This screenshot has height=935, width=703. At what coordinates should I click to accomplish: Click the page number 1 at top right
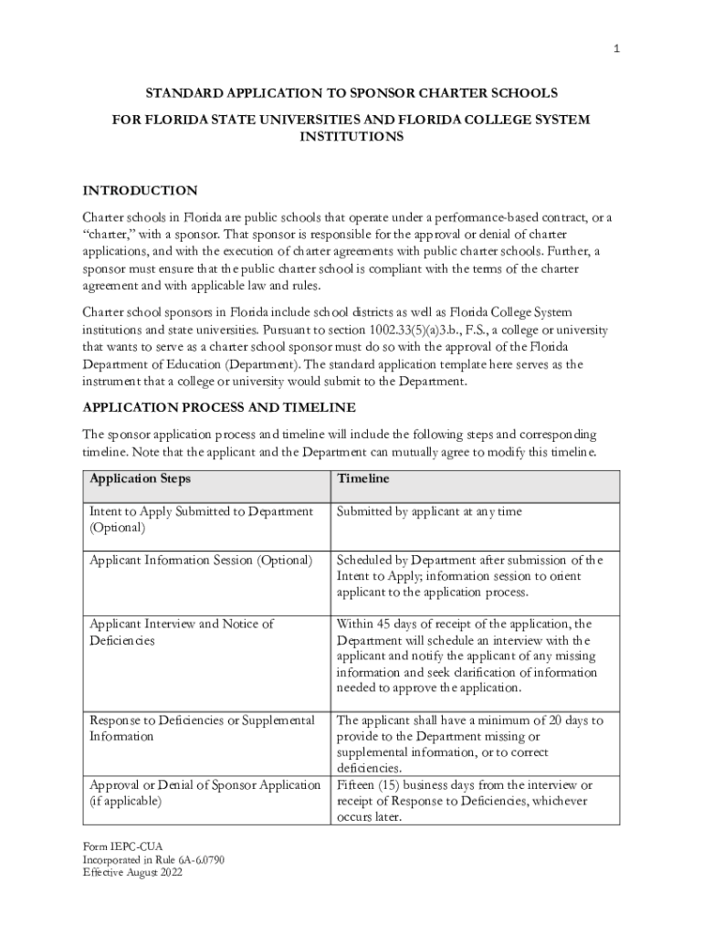tap(616, 50)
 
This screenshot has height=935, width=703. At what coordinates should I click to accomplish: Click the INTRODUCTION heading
tap(140, 191)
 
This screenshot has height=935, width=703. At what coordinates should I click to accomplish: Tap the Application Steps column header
tap(140, 478)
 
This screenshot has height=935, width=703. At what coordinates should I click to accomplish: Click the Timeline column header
tap(362, 478)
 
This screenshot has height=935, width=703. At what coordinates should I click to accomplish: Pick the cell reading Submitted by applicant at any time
tap(429, 511)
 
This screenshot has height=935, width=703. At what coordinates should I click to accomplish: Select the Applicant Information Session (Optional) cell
tap(201, 560)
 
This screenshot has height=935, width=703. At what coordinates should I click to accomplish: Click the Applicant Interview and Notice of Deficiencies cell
tap(181, 632)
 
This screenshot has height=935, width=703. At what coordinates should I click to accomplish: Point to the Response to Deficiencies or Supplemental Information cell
tap(202, 728)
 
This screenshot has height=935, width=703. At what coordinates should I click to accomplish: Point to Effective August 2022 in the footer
tap(132, 873)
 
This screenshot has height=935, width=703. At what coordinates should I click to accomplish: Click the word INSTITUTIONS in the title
tap(351, 136)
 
